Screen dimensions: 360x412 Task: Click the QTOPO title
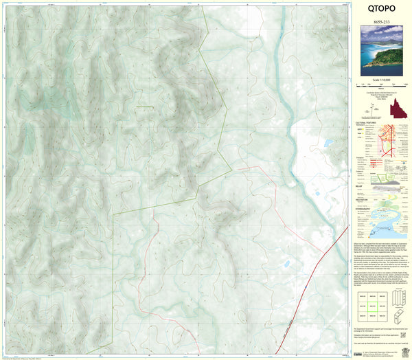pyautogui.click(x=382, y=10)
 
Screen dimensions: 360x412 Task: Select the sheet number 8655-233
pyautogui.click(x=382, y=21)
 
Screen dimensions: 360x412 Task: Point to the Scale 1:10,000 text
pyautogui.click(x=382, y=78)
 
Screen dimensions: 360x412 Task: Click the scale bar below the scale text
pyautogui.click(x=382, y=84)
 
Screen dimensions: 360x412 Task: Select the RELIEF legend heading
pyautogui.click(x=363, y=183)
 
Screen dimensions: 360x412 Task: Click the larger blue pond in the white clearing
pyautogui.click(x=330, y=144)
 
